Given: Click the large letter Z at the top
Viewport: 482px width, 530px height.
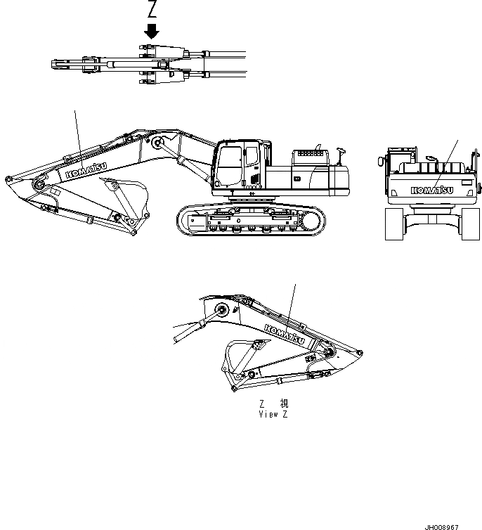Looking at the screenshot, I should [x=152, y=10].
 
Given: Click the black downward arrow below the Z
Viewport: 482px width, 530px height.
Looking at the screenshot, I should [x=152, y=32].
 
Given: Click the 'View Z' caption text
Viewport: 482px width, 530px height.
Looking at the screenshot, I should [x=273, y=414].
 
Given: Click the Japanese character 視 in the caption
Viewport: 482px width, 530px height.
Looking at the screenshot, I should [x=284, y=404].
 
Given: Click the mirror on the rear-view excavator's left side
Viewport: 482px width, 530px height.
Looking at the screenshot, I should [x=381, y=162].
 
